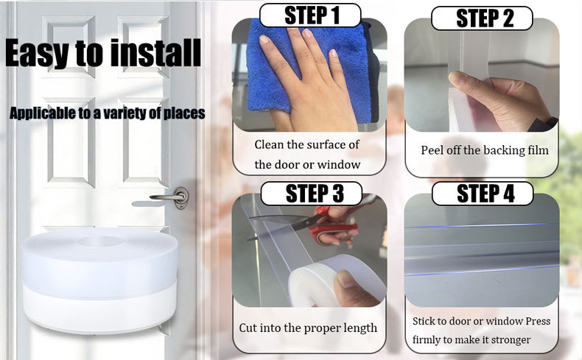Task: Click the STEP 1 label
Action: pos(310,15)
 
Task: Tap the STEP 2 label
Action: pos(482,18)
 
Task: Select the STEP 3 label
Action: pos(312,193)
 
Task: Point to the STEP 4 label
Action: pos(483,193)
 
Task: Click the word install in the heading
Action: pos(156,53)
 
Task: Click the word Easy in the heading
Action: pos(38,54)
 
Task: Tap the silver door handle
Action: pos(171,197)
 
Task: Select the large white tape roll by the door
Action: pos(99,280)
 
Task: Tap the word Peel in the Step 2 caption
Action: pos(432,150)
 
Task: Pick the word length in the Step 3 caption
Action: pos(360,328)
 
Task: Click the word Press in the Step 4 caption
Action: pos(538,321)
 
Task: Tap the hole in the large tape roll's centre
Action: pos(99,241)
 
